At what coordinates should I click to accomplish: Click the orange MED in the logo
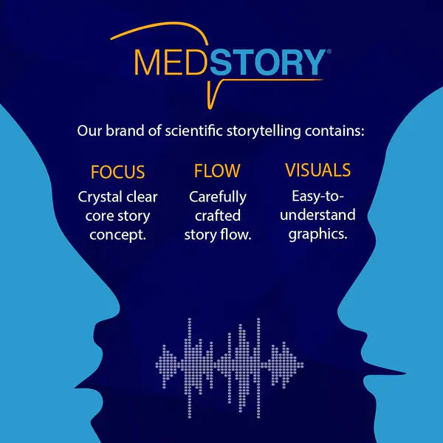tap(172, 63)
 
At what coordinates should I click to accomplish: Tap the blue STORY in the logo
tap(267, 63)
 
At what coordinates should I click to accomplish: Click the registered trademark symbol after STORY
tap(329, 52)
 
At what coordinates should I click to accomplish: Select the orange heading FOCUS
tap(117, 172)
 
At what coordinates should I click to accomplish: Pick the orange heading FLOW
tap(217, 171)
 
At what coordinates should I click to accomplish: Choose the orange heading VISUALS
tap(317, 170)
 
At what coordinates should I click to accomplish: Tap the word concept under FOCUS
tap(116, 235)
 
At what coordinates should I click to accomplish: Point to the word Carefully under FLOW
tap(218, 197)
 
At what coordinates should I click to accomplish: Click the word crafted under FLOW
tap(218, 216)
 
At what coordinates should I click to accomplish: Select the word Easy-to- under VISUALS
tap(317, 196)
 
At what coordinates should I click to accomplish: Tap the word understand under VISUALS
tap(317, 215)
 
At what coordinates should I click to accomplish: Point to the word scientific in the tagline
tap(193, 131)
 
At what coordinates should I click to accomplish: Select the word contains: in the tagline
tap(334, 131)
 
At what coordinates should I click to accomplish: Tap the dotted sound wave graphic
tap(229, 368)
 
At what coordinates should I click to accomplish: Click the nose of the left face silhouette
tap(85, 385)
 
